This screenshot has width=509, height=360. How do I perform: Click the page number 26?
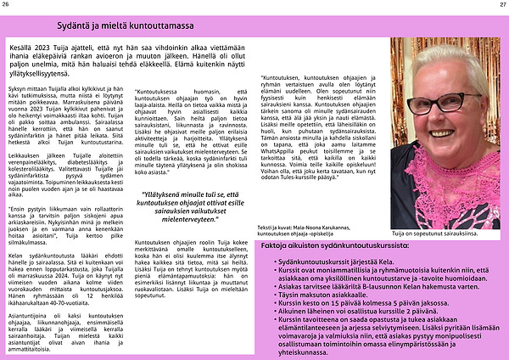coord(6,5)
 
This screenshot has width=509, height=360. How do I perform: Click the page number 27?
coord(501,5)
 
